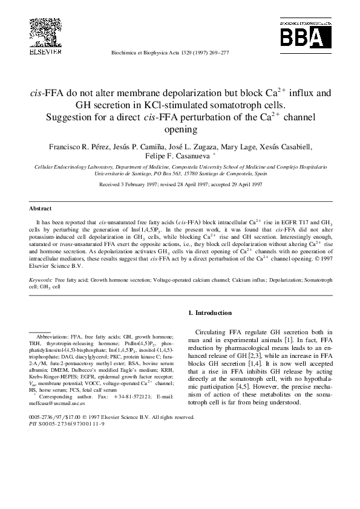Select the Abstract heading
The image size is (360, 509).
pos(41,208)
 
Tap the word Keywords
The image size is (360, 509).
pos(41,281)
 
